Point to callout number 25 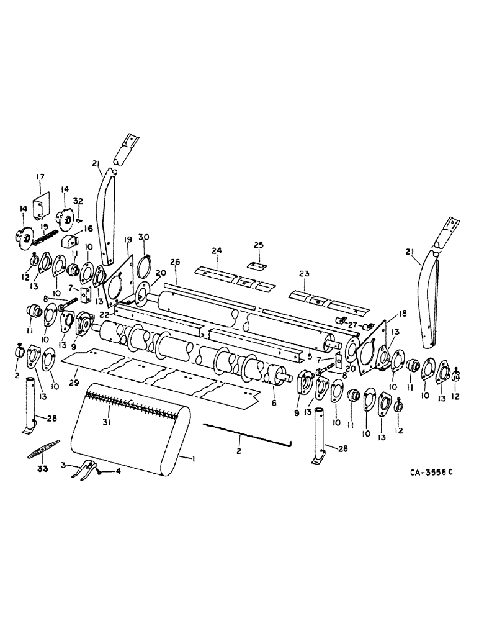point(259,245)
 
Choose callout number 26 point(174,263)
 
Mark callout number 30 point(144,238)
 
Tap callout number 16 point(88,229)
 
